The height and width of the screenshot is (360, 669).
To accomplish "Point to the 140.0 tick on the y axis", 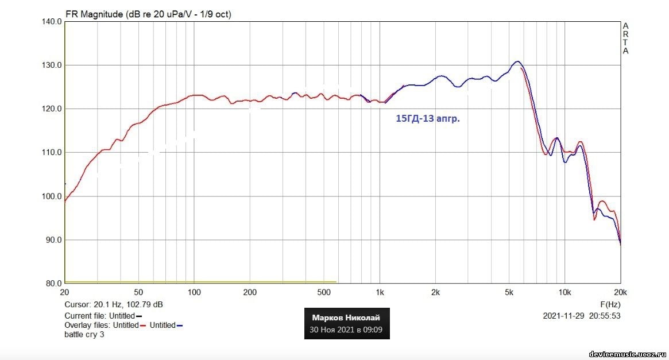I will tap(52, 22).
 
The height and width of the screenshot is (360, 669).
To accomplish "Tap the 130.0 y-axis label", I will tap(52, 65).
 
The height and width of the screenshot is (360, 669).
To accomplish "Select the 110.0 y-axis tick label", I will tap(52, 153).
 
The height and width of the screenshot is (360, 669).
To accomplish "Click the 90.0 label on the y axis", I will tap(53, 240).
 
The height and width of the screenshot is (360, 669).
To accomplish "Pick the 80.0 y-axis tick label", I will tap(53, 284).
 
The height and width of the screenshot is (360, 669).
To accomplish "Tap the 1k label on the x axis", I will tap(379, 292).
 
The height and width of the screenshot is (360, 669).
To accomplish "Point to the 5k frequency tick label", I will tap(509, 292).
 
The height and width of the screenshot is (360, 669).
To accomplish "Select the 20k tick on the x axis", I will tap(620, 292).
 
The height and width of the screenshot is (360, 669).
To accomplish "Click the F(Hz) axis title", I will tap(610, 304).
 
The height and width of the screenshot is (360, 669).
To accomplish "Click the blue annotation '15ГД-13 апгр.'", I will tap(428, 119).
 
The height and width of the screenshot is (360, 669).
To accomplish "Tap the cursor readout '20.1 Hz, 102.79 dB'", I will tap(129, 304).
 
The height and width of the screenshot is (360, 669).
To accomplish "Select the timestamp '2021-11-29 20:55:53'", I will tap(582, 316).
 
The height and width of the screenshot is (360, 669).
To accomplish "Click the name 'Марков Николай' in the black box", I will tap(346, 318).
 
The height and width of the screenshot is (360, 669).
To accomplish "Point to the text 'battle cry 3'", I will tap(84, 334).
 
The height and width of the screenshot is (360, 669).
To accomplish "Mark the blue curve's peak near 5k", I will tap(517, 61).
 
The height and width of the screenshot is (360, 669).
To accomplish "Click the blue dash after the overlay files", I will tap(180, 326).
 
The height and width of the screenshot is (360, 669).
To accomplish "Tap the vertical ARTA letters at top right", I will tap(625, 38).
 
